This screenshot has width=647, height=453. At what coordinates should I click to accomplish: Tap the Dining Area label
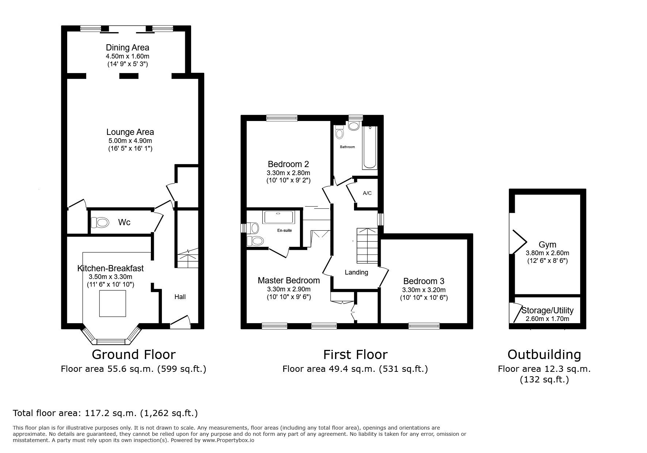point(128,48)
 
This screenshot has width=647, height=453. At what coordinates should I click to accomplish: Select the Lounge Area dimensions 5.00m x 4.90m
point(130,141)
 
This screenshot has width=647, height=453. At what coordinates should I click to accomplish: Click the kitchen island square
point(113,303)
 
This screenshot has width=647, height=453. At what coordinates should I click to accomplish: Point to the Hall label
point(180,297)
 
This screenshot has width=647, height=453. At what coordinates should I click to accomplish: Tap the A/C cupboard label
point(367,193)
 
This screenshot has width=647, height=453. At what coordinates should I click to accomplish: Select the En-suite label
point(285,230)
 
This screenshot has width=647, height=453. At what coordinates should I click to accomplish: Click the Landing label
point(356,272)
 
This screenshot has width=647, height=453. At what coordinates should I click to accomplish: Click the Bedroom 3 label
point(424,281)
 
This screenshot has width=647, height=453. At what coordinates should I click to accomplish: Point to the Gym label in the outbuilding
point(547,245)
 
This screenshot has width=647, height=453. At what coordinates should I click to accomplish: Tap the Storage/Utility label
point(547,310)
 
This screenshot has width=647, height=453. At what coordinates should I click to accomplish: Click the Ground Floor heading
point(133,354)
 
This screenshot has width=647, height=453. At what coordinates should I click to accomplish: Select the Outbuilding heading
point(544,354)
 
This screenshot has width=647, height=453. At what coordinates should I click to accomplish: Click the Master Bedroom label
point(289,280)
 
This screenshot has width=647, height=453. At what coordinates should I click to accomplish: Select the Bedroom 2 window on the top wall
point(282,118)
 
